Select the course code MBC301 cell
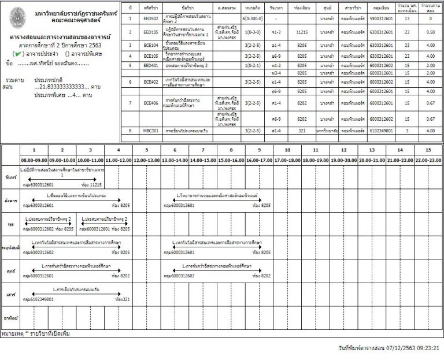[x=151, y=131]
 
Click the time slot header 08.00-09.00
[x=34, y=159]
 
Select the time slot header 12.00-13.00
[x=147, y=159]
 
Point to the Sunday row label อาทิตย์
[x=10, y=318]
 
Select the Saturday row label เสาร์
[x=10, y=294]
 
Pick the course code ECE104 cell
[x=151, y=45]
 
